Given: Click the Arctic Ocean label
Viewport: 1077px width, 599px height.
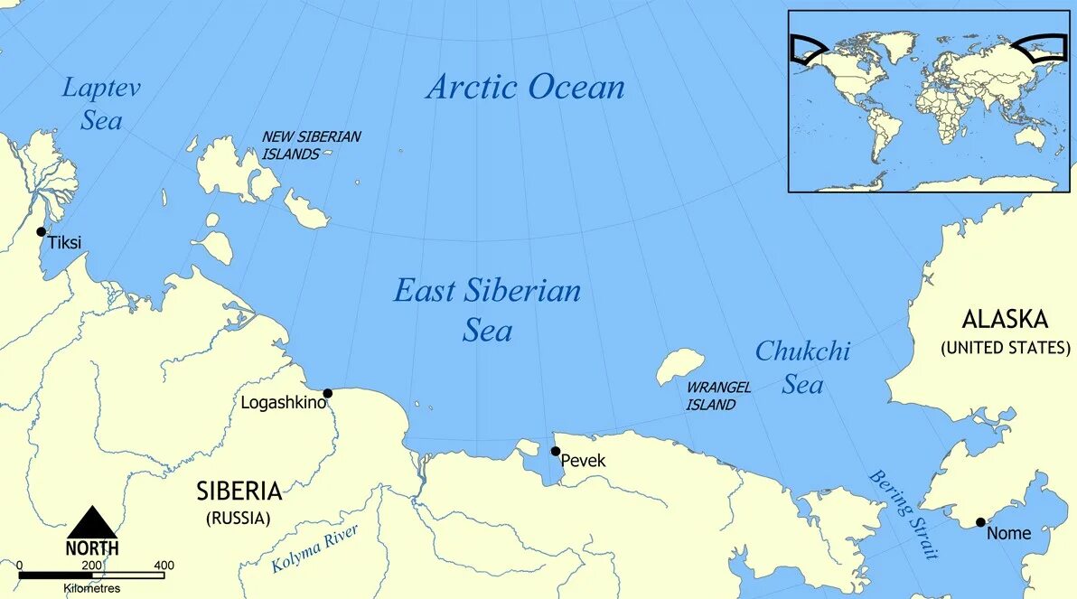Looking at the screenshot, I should (525, 88).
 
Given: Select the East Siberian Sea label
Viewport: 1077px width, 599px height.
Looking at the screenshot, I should (487, 310).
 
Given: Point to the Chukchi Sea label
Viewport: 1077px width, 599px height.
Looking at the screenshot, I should (802, 368).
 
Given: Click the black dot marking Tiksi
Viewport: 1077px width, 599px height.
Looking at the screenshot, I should (41, 232).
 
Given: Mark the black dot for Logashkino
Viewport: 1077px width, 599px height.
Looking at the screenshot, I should (328, 393).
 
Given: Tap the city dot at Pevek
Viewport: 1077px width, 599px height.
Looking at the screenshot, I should (556, 451).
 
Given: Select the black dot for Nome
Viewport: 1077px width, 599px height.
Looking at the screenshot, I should (980, 522).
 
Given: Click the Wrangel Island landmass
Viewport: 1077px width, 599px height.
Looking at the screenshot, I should (679, 365).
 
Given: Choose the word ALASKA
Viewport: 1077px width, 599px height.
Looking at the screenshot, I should (1005, 320).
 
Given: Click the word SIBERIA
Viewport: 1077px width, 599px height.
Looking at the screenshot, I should (239, 491).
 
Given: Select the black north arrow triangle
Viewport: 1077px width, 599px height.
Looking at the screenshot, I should (92, 523).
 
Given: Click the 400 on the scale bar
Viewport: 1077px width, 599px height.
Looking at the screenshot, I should (164, 566).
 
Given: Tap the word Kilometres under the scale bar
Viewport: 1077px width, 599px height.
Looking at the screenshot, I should (91, 588).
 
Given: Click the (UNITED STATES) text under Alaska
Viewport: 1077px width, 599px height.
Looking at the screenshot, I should (1005, 347).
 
